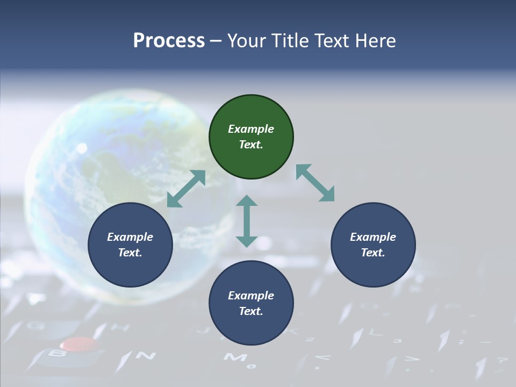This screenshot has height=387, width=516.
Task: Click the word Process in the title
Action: pyautogui.click(x=169, y=41)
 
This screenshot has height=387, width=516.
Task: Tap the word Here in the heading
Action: pyautogui.click(x=375, y=41)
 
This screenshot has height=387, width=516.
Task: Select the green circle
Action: pyautogui.click(x=251, y=137)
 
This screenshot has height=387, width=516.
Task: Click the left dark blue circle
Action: pyautogui.click(x=130, y=245)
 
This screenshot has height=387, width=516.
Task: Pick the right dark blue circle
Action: pyautogui.click(x=373, y=245)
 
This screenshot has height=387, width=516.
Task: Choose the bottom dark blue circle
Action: pyautogui.click(x=251, y=303)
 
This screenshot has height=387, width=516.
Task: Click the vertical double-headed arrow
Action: pyautogui.click(x=247, y=221)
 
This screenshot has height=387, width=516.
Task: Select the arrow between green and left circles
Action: pyautogui.click(x=186, y=189)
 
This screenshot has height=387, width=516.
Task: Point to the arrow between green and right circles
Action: pyautogui.click(x=316, y=183)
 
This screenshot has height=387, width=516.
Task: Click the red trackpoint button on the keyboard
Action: pyautogui.click(x=79, y=343)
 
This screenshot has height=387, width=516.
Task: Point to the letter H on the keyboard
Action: pyautogui.click(x=114, y=326)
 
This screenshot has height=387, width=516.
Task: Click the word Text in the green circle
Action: pyautogui.click(x=250, y=145)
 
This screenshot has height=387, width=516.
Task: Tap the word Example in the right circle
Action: pyautogui.click(x=372, y=237)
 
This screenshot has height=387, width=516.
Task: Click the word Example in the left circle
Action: pyautogui.click(x=130, y=237)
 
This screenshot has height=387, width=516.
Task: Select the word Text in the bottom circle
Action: pyautogui.click(x=250, y=311)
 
